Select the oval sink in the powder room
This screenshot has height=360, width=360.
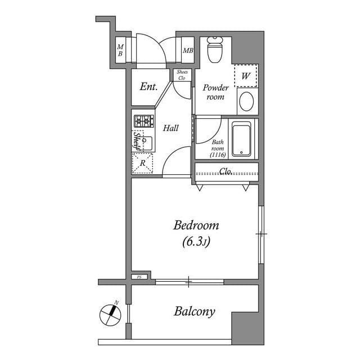point(246,102)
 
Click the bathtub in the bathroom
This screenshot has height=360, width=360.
point(242,139)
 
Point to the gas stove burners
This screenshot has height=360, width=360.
point(143,120)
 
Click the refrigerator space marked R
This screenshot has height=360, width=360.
point(143,163)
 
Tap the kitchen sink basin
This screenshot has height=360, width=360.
point(146,141)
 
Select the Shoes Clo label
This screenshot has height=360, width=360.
point(182,75)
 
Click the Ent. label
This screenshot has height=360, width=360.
point(148,87)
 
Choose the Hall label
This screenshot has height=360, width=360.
point(171,128)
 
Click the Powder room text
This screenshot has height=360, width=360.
point(215,92)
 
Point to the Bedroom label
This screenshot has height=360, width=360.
point(196,226)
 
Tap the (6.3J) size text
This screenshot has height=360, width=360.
point(196,242)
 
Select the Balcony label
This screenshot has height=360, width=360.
point(194,312)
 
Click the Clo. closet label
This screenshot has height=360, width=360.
point(226,171)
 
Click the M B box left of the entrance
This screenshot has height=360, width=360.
point(120,51)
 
